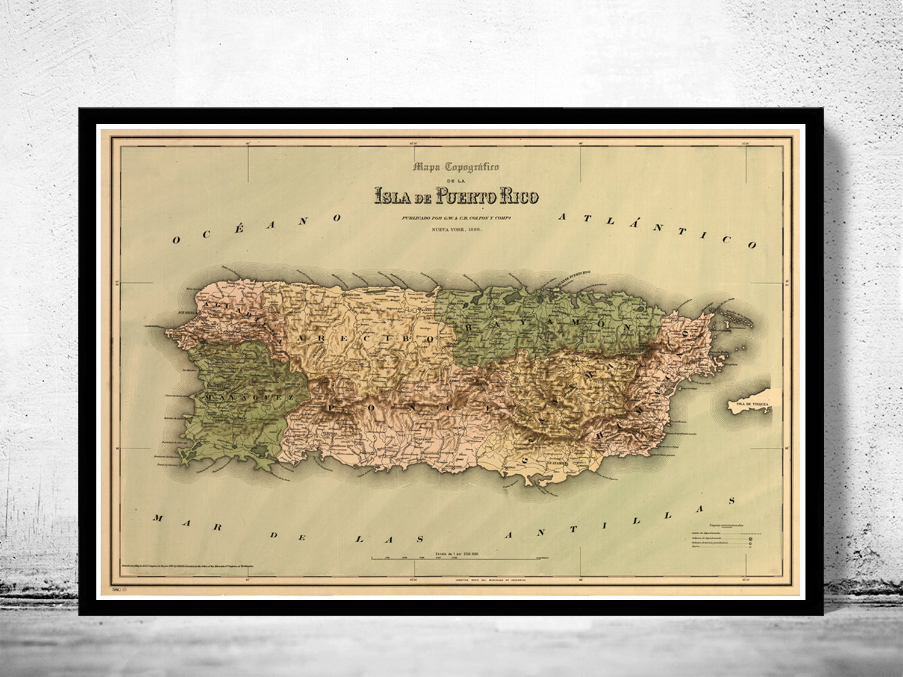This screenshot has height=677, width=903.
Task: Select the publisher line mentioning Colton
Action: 456,217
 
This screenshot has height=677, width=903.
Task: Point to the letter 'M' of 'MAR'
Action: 158,518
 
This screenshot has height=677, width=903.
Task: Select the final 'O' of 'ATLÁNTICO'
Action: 751,246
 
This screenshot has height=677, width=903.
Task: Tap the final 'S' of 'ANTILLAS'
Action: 731,500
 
